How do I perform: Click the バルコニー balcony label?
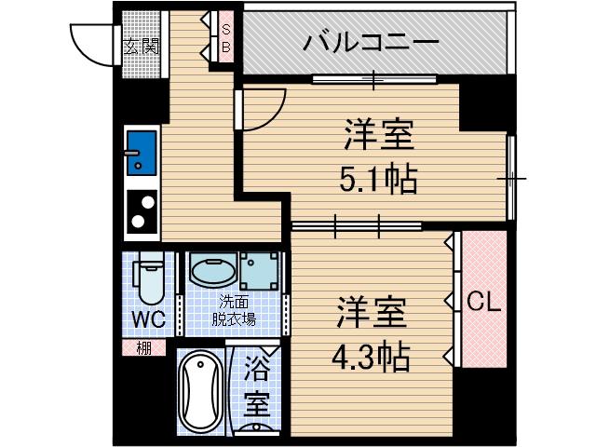coord(372,44)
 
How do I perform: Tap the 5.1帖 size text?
coord(377,176)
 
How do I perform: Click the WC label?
coord(147,320)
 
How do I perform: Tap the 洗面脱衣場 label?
coord(234,309)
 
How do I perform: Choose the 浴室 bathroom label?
coord(257,392)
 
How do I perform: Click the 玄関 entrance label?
coord(142,46)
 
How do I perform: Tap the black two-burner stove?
coord(142,212)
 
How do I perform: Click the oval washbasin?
coord(211,271)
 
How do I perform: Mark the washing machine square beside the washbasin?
coord(258,271)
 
